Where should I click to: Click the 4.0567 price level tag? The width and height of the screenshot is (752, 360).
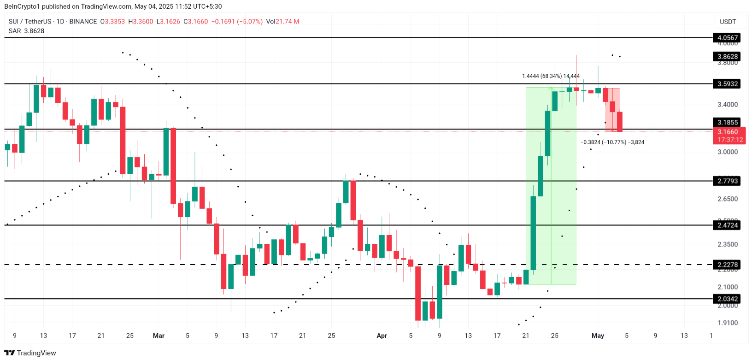coord(728,38)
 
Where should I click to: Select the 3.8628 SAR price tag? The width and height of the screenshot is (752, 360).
coord(728,57)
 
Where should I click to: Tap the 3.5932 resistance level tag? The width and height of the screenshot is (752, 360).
coord(728,84)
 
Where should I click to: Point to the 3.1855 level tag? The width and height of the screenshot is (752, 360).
coord(728,122)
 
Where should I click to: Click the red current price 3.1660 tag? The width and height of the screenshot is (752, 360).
coord(728,132)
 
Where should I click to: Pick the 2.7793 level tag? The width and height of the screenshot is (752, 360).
coord(728,181)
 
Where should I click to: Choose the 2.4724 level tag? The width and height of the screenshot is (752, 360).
coord(728,225)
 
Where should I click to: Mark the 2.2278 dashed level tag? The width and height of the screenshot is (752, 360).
coord(728,265)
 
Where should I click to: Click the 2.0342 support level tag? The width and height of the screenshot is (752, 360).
coord(728,299)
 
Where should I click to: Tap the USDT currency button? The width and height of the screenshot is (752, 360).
coord(728,22)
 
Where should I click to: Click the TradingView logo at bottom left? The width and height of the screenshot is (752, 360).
coord(30,353)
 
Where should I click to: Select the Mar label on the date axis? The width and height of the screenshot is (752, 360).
coord(159,336)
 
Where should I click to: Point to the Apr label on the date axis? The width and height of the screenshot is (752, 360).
coord(382,336)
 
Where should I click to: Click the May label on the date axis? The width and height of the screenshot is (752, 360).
coord(598,336)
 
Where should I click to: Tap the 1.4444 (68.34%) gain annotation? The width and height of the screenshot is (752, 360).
coord(551,76)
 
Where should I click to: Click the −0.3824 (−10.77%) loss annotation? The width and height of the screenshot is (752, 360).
coord(612,142)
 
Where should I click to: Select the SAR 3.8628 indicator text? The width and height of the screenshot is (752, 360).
coord(27,31)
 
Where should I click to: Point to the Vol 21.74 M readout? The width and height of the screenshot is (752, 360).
coord(282,22)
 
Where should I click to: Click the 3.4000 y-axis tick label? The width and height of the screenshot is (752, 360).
coord(728,105)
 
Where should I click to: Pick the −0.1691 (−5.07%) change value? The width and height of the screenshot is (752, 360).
coord(237,22)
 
